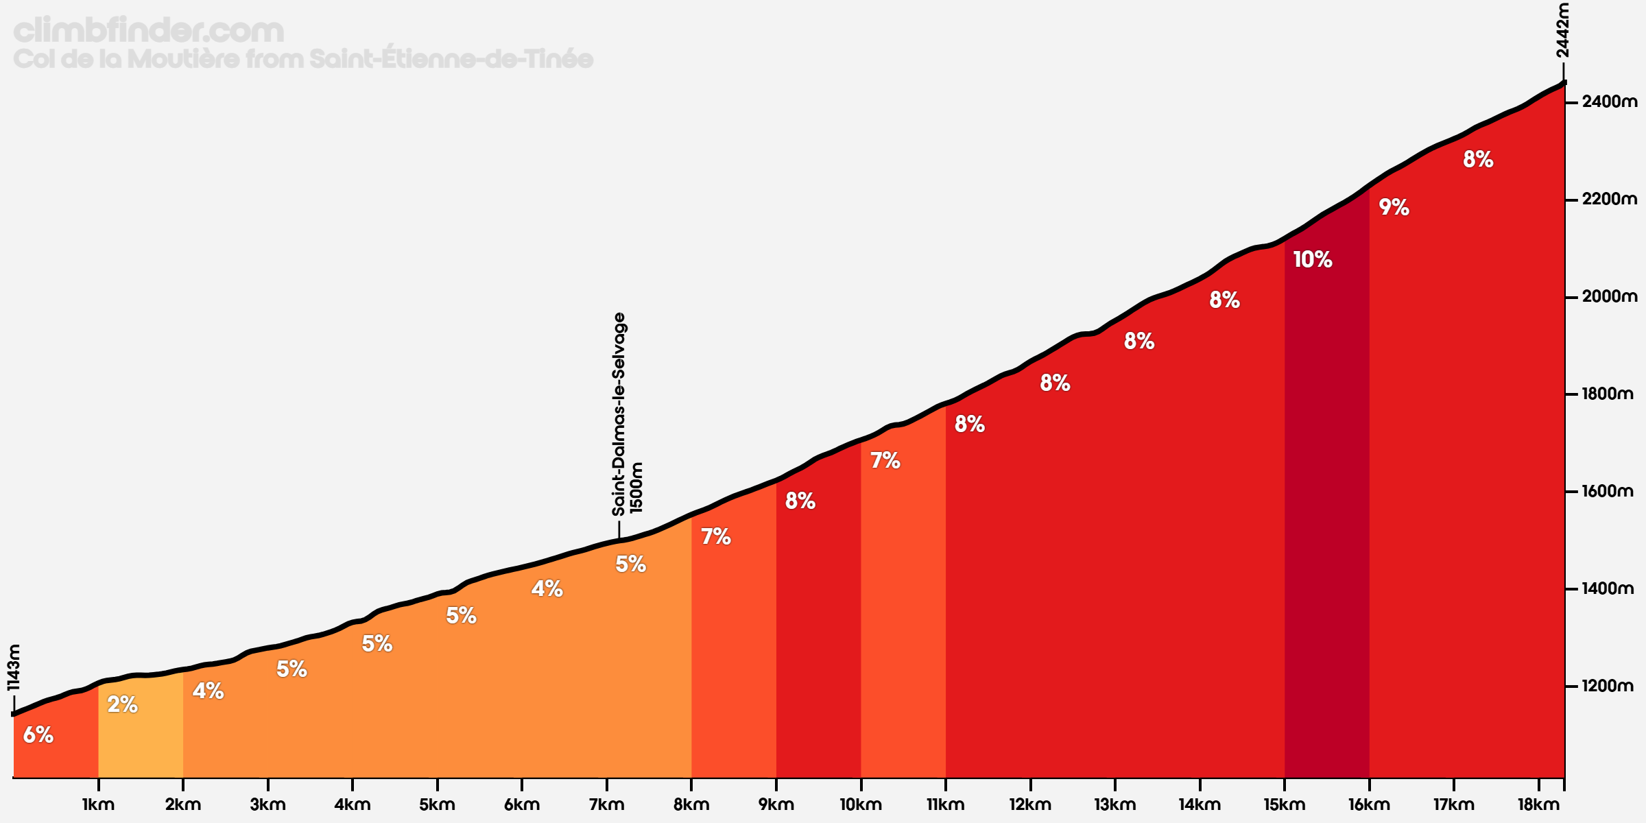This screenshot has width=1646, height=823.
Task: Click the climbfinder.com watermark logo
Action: pos(149,31)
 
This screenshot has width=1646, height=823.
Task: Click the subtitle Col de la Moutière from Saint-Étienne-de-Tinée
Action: pos(303,58)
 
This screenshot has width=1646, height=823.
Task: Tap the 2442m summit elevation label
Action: pos(1562,31)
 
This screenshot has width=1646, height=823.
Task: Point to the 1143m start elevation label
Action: pos(14,667)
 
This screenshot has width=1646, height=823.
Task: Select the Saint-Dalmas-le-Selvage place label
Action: pos(619,414)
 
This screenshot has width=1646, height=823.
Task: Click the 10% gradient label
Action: pos(1313,259)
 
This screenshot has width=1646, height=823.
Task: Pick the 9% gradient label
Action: pos(1394,207)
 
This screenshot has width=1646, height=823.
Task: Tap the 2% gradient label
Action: pos(123,704)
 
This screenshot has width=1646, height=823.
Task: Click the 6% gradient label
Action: pos(38,735)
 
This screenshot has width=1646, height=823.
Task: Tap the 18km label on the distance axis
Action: pos(1538,804)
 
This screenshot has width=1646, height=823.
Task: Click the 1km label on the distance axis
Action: pos(98,804)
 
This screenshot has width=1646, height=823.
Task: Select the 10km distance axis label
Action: pos(861,804)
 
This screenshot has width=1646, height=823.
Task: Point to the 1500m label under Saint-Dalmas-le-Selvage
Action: pos(637,488)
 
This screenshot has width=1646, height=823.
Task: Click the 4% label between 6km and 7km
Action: pos(547,588)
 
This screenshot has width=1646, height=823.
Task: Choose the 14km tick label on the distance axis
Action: pos(1200,804)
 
